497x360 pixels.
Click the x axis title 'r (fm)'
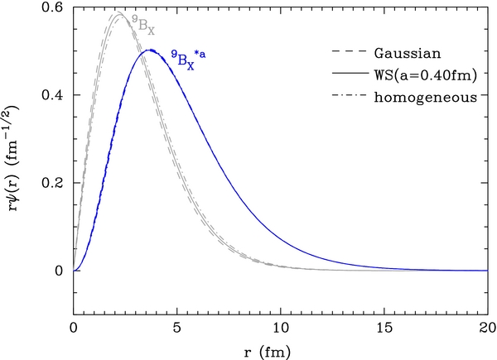coord(281,351)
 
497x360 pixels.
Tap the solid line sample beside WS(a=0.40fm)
coord(341,75)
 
